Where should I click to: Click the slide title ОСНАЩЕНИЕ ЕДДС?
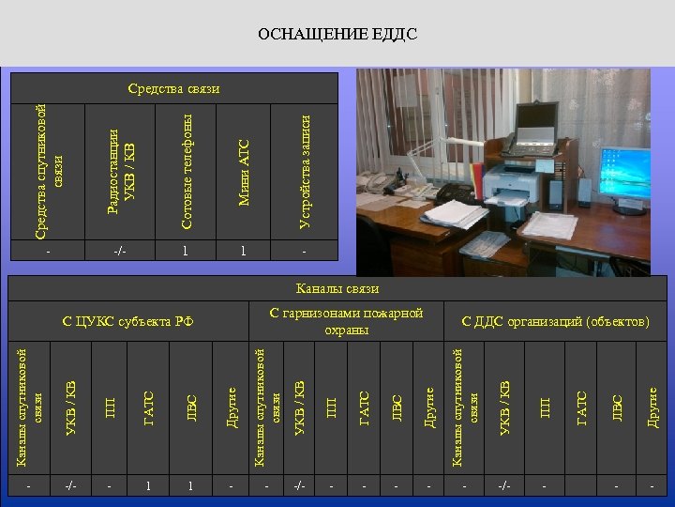point(337,35)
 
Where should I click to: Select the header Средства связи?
point(173,88)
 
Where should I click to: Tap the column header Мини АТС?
point(244,172)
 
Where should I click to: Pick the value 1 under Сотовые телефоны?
point(186,251)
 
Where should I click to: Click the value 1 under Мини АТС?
point(243,251)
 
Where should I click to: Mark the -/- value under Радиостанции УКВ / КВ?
point(119,251)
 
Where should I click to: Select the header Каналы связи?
point(337,288)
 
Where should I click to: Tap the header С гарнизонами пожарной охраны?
point(346,321)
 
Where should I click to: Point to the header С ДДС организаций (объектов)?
point(555,321)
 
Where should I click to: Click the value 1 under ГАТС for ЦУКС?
point(148,486)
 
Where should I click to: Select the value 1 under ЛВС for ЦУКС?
point(190,486)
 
